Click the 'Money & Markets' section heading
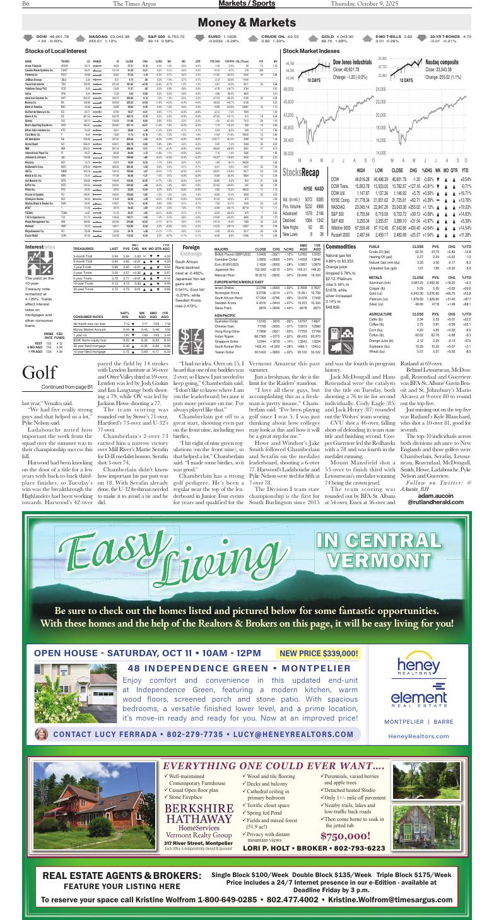point(247,23)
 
